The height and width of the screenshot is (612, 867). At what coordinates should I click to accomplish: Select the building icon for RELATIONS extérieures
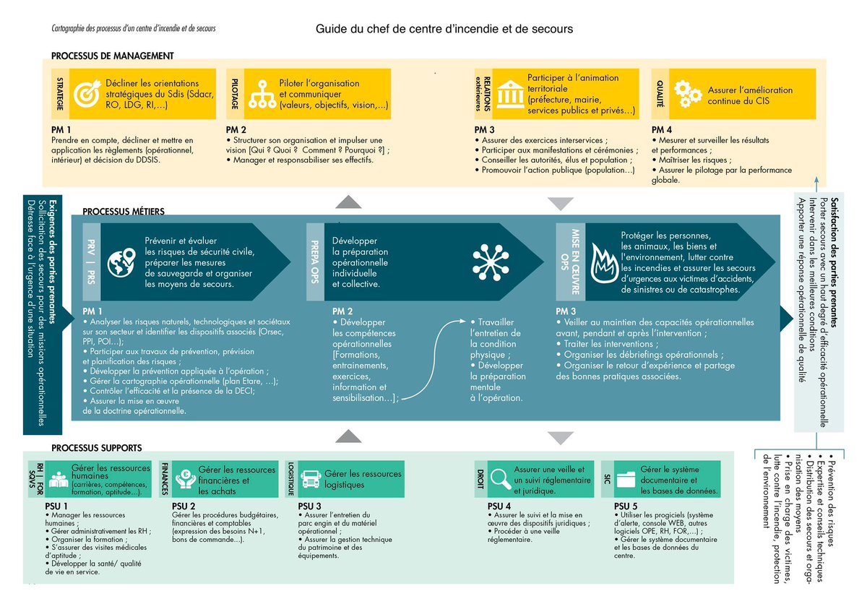point(510,94)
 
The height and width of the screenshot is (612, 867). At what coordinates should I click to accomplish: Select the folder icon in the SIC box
point(626,478)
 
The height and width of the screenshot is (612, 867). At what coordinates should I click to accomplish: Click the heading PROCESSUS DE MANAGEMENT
point(112,56)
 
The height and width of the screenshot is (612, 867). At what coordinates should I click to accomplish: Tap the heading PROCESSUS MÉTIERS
point(124,212)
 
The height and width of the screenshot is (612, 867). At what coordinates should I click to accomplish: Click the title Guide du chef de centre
point(444,30)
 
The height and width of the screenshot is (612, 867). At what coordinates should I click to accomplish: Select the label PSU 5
point(625,506)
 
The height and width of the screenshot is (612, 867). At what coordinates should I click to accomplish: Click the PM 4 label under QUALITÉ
point(662,129)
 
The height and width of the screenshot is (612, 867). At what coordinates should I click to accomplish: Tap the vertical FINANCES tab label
point(165,478)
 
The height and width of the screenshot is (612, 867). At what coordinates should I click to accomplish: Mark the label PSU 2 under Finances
point(184,506)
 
